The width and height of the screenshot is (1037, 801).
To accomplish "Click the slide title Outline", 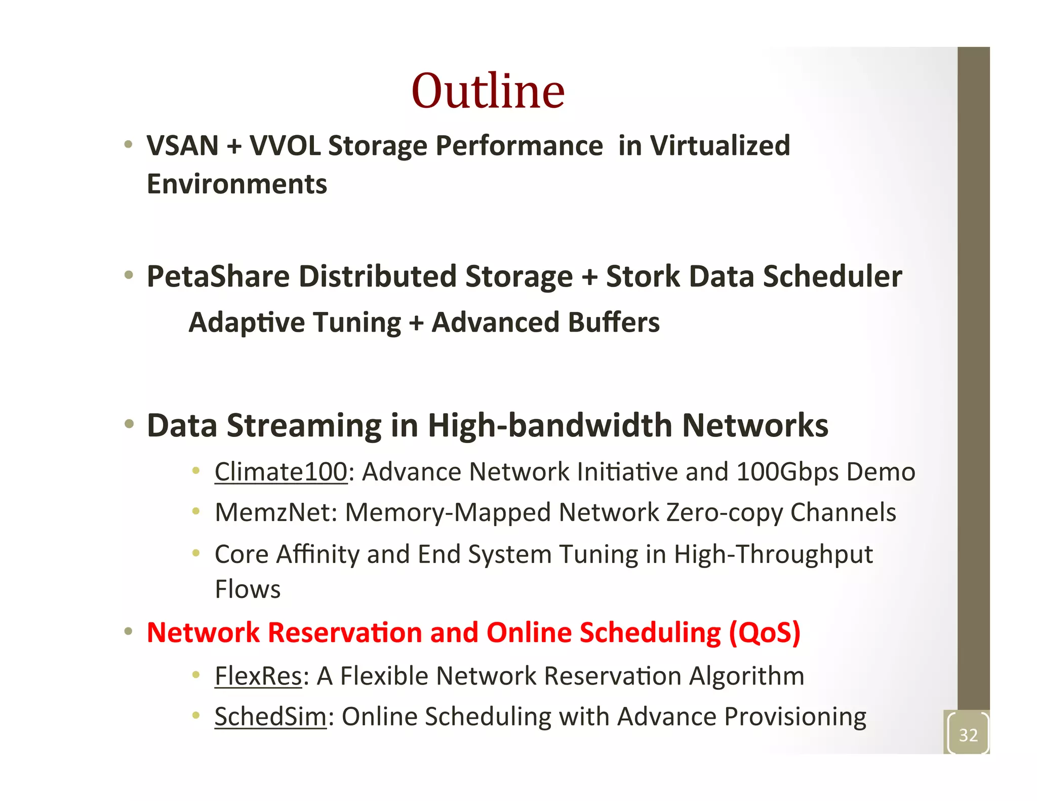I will tap(488, 91).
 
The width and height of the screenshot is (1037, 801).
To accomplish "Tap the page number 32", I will tap(968, 735).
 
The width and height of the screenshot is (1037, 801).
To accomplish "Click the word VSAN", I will tap(183, 146).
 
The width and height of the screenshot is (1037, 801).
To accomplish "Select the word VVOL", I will tap(285, 146).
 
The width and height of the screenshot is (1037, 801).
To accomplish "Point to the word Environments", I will tap(237, 184).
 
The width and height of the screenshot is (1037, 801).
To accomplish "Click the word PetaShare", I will tap(218, 276).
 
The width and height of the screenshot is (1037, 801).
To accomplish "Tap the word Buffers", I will tap(614, 323).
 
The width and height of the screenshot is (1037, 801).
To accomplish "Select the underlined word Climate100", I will tap(281, 472).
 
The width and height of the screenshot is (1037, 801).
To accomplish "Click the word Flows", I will tap(248, 589).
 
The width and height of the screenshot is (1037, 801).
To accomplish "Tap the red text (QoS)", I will tap(765, 633).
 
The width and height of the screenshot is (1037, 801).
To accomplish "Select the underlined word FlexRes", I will tap(258, 676).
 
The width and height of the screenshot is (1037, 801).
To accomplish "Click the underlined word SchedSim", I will tap(270, 717).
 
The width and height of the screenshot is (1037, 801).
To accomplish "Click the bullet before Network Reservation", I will tap(129, 631).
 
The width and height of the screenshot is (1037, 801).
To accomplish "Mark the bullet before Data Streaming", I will tap(129, 423).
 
